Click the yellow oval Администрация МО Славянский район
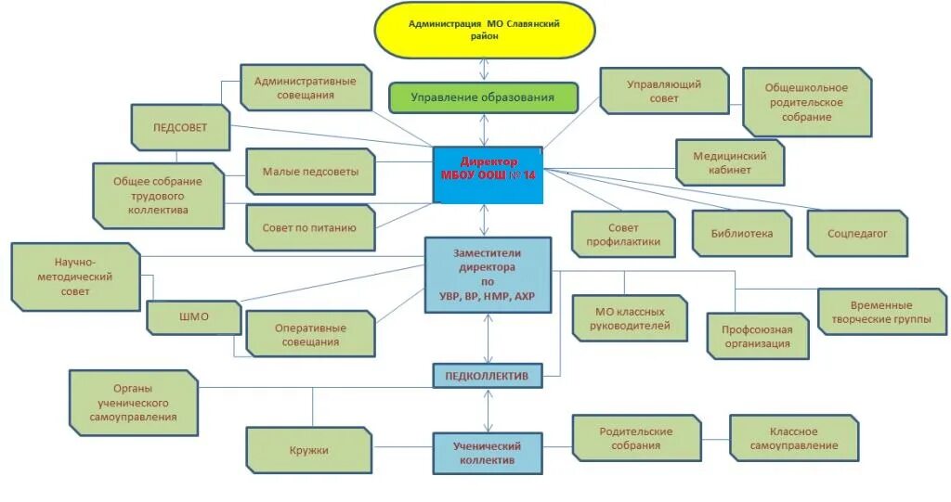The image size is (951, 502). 484,30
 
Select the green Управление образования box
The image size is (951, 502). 483,97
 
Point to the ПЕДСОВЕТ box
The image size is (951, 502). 180,127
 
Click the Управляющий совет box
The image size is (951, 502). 664,90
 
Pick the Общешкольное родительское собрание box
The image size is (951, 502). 806,102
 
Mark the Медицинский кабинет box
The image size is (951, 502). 729,163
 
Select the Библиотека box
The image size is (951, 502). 742,234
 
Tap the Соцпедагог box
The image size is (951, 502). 857,234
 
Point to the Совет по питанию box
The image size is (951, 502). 310,227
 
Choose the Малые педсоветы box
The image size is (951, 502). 310,172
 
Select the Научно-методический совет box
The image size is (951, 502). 75,277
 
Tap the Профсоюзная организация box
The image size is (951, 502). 756,336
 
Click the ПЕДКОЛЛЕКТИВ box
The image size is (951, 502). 488,376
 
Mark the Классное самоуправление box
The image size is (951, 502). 794,439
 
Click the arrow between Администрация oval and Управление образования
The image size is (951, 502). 484,70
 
